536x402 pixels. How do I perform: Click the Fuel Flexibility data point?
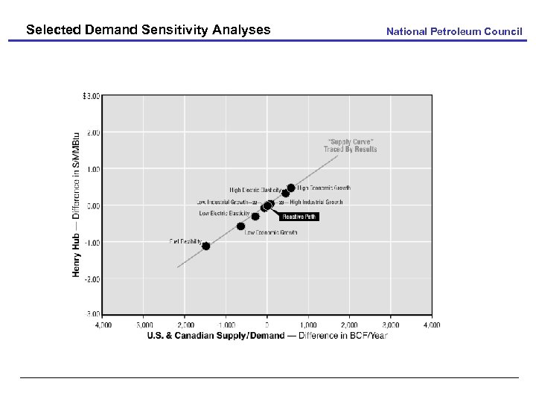[205, 246]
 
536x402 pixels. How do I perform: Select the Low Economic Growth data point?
[240, 226]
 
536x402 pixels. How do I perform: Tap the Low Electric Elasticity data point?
[255, 216]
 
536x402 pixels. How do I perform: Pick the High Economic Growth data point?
[290, 188]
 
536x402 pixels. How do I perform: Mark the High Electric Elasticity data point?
[285, 193]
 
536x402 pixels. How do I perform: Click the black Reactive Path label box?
[300, 217]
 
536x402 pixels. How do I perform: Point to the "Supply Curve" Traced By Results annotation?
[350, 145]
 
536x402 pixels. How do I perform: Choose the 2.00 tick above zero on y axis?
[92, 133]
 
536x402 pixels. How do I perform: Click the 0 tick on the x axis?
[267, 325]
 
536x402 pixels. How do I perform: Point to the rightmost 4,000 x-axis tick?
[432, 325]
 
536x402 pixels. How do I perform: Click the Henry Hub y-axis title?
[76, 205]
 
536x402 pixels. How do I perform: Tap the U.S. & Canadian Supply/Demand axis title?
[267, 336]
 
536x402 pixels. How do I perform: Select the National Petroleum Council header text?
[454, 31]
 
